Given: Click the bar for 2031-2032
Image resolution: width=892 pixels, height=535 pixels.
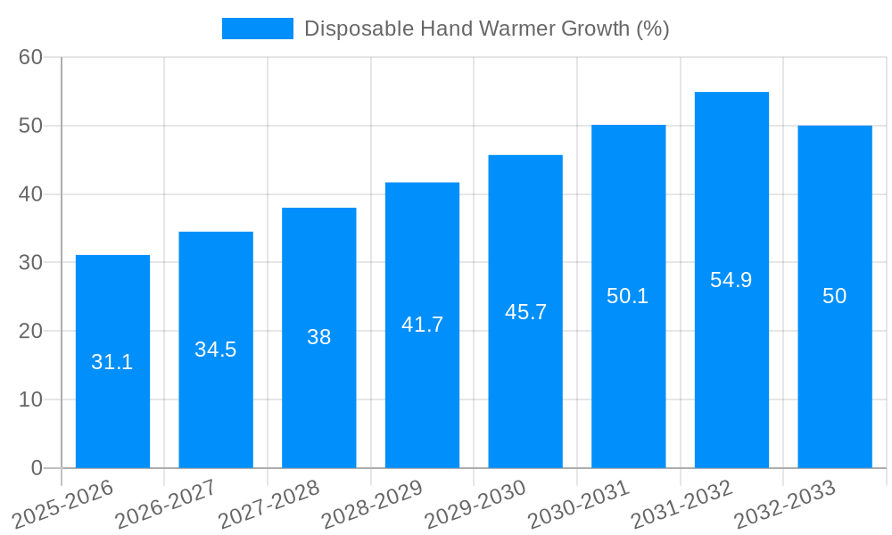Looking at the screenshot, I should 731,357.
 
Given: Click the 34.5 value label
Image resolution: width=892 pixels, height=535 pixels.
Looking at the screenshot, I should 216,350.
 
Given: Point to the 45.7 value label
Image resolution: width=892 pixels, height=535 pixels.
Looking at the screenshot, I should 525,312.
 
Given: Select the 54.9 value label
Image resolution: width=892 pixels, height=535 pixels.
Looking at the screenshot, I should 731,280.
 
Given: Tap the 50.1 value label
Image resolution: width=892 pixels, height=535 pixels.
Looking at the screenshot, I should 628,296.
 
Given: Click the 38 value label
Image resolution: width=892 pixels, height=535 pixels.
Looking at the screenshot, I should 319,337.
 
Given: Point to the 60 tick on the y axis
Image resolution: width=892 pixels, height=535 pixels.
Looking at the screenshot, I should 30,57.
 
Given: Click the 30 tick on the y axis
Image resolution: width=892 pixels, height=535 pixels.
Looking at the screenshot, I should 30,262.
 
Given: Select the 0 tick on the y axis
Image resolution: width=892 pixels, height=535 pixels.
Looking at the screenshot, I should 37,468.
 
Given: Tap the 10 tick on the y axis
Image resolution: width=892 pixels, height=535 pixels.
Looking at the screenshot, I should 30,399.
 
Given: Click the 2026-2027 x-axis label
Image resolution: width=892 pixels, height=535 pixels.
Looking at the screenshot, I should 167,504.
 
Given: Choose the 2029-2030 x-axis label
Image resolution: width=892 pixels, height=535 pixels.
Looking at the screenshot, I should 476,504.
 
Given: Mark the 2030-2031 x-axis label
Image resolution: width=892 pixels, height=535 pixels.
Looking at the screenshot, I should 580,504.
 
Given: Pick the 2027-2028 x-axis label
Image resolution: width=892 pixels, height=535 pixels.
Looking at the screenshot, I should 270,504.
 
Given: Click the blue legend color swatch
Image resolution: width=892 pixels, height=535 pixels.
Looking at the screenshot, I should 257,29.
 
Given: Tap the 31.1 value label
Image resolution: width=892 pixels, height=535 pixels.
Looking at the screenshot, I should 112,362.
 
